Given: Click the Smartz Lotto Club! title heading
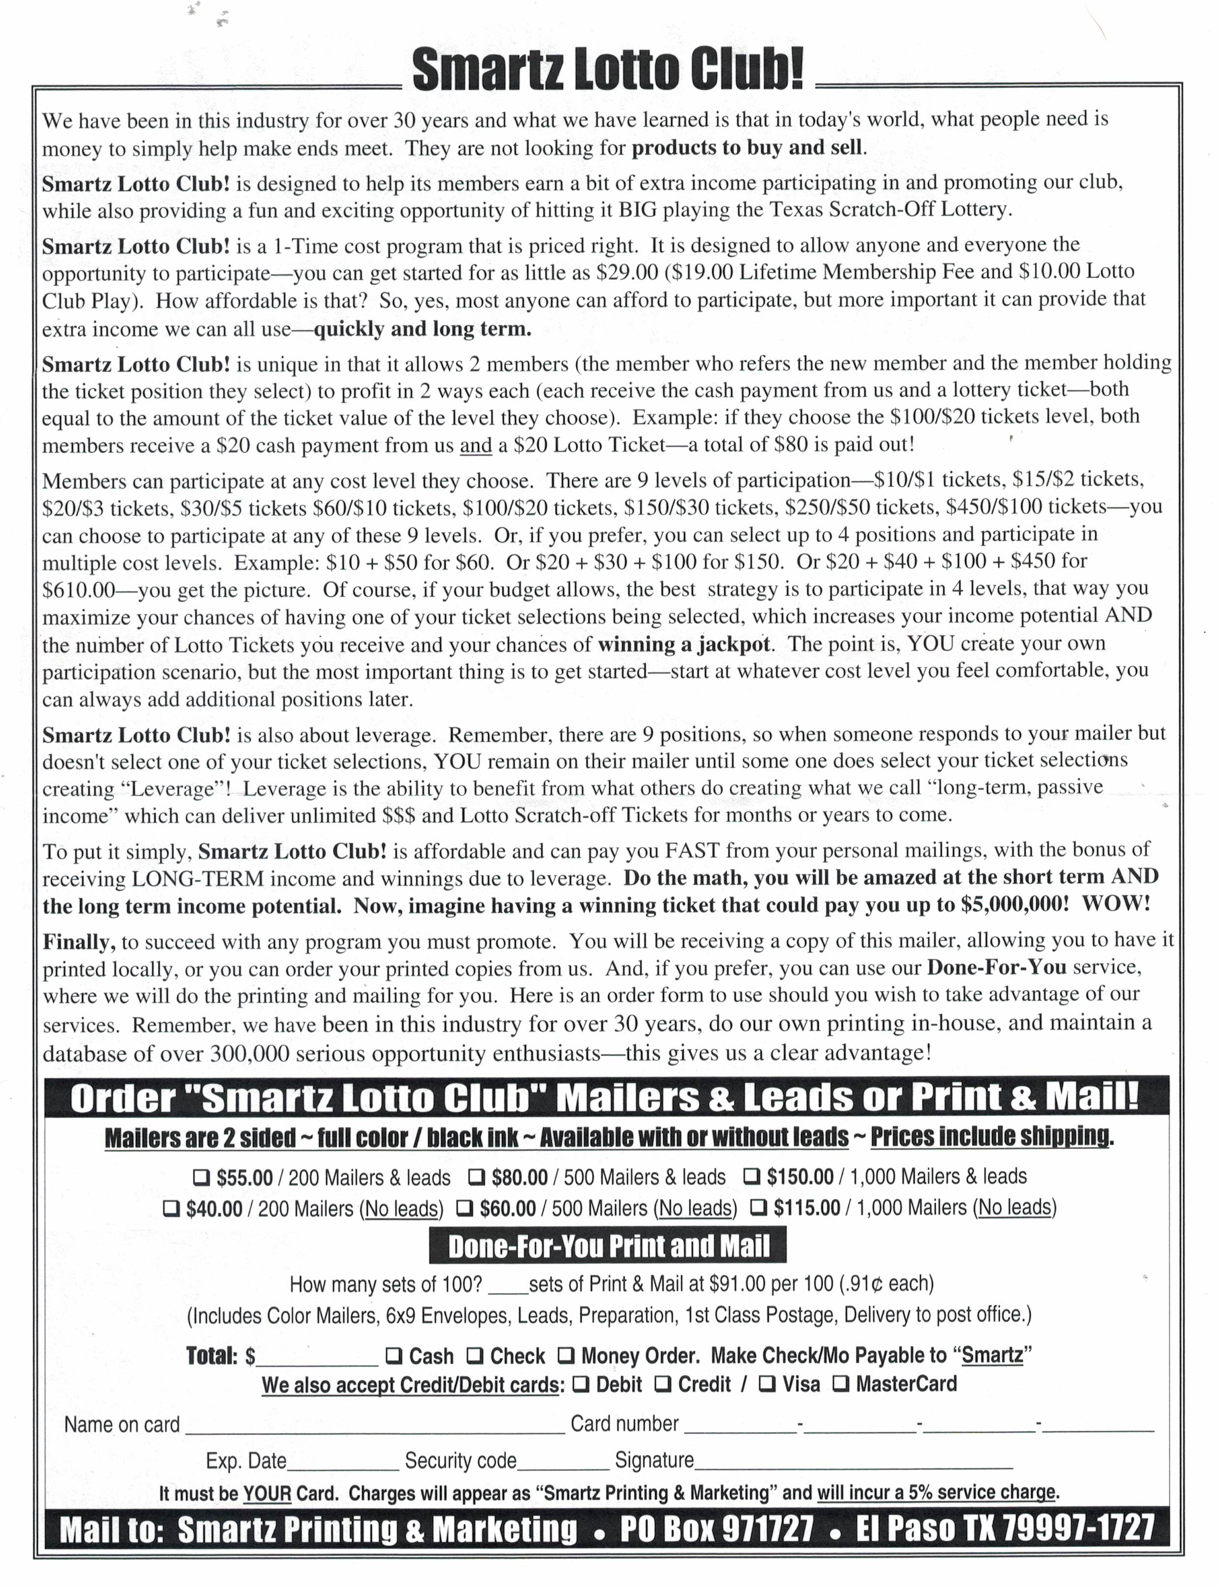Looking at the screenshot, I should click(608, 70).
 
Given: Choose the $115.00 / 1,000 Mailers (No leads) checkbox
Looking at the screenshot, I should click(758, 1208).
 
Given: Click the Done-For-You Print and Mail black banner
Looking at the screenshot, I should click(608, 1245).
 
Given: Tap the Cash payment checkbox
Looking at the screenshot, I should click(393, 1355).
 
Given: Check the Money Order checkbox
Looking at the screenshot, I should click(566, 1355).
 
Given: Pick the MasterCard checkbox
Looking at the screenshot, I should click(840, 1384).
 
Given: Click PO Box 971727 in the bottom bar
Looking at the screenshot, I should click(717, 1529).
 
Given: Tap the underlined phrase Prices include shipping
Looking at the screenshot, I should click(990, 1137).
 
